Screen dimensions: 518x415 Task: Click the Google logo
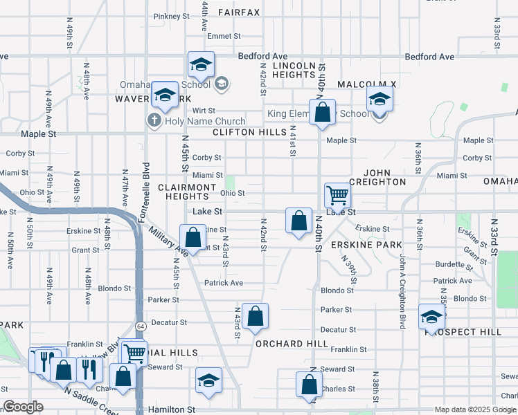[23, 407]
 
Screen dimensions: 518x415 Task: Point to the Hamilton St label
[172, 409]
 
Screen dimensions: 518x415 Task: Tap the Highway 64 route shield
[140, 326]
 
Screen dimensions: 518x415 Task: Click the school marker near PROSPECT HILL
[431, 318]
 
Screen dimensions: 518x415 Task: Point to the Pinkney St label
[167, 16]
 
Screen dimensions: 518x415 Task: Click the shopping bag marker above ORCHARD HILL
[256, 317]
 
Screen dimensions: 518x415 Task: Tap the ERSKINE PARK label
[366, 245]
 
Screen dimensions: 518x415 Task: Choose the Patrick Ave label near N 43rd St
[223, 283]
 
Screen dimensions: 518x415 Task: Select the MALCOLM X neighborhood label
[366, 84]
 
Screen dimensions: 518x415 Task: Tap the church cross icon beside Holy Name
[153, 121]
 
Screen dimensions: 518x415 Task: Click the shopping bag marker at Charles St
[309, 385]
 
